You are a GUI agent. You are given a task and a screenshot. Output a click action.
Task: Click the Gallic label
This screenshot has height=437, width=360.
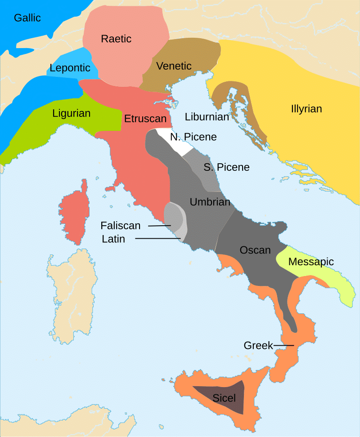pyautogui.click(x=27, y=18)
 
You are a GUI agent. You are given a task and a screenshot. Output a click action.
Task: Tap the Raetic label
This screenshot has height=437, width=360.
pyautogui.click(x=116, y=39)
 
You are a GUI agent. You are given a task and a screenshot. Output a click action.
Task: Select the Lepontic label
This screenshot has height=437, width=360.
pyautogui.click(x=70, y=68)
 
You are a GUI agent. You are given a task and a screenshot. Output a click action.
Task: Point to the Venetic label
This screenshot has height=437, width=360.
pyautogui.click(x=174, y=66)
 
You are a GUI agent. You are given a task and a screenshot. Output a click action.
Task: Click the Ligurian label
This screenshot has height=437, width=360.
pyautogui.click(x=71, y=113)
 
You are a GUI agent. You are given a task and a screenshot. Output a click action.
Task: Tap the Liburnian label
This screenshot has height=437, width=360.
pyautogui.click(x=207, y=117)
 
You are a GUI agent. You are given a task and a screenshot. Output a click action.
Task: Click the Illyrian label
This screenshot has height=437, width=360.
pyautogui.click(x=306, y=109)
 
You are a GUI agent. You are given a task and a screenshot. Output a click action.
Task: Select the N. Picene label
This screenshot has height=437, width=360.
pyautogui.click(x=193, y=137)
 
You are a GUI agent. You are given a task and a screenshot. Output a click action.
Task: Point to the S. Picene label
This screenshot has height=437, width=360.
pyautogui.click(x=226, y=167)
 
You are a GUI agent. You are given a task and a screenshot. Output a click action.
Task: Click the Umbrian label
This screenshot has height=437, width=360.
pyautogui.click(x=210, y=202)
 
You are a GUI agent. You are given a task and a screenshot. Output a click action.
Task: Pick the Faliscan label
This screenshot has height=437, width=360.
pyautogui.click(x=121, y=225)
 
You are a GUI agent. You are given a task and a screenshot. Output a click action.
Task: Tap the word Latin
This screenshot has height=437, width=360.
pyautogui.click(x=113, y=239)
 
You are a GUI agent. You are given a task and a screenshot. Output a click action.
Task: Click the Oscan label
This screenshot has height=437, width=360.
pyautogui.click(x=255, y=250)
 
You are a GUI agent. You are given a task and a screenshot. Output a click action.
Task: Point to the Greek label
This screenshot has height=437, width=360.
pyautogui.click(x=258, y=345)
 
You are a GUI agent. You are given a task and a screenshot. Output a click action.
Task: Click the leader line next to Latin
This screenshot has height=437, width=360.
pyautogui.click(x=157, y=238)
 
